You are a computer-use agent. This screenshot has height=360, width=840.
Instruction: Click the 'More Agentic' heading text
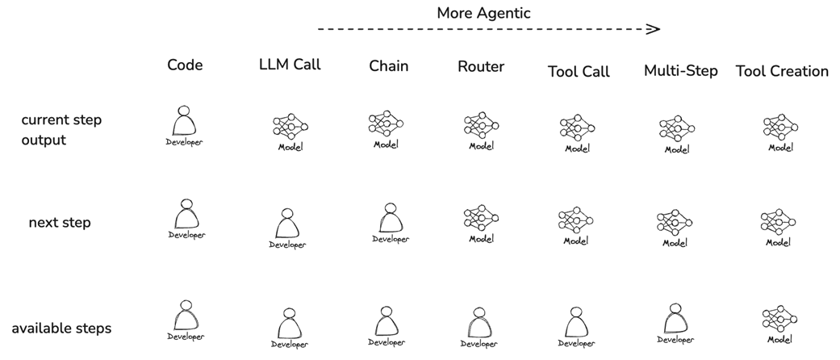pos(483,13)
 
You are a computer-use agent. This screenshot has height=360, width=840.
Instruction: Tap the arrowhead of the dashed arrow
pos(654,29)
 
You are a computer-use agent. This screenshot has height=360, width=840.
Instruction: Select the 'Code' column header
pos(185,65)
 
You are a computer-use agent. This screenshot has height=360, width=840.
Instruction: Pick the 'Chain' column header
pos(388,65)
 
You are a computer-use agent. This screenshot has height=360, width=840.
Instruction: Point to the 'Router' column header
pos(480,66)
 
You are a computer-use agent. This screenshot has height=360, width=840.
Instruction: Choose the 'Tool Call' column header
pos(579,71)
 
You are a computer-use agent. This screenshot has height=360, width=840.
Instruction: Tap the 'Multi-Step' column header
pos(680,70)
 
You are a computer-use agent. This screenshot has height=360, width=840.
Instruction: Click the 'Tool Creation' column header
pos(781,71)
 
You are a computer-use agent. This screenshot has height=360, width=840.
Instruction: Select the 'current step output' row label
pos(61,129)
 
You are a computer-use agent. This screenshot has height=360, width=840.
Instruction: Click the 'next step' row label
pos(60,222)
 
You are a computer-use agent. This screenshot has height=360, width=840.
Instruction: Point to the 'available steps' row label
pos(61,329)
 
